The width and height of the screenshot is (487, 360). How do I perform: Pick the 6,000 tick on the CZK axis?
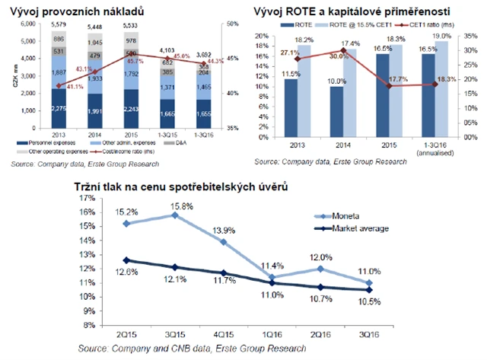point(27,25)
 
